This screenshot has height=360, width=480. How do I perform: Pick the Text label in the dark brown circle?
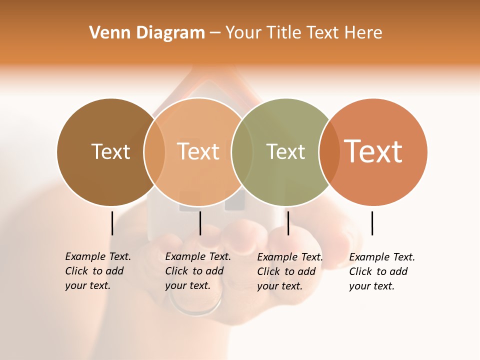click(x=110, y=151)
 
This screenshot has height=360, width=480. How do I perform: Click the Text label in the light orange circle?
click(x=198, y=151)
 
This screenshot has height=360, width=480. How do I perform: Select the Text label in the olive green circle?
click(x=285, y=151)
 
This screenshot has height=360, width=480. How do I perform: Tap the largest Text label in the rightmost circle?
click(x=373, y=151)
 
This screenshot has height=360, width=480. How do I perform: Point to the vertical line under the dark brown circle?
click(x=112, y=223)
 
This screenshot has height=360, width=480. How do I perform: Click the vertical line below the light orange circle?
click(x=200, y=223)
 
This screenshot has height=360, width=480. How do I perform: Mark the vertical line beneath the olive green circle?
click(x=288, y=223)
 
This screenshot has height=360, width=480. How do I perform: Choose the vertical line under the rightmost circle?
click(x=372, y=223)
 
